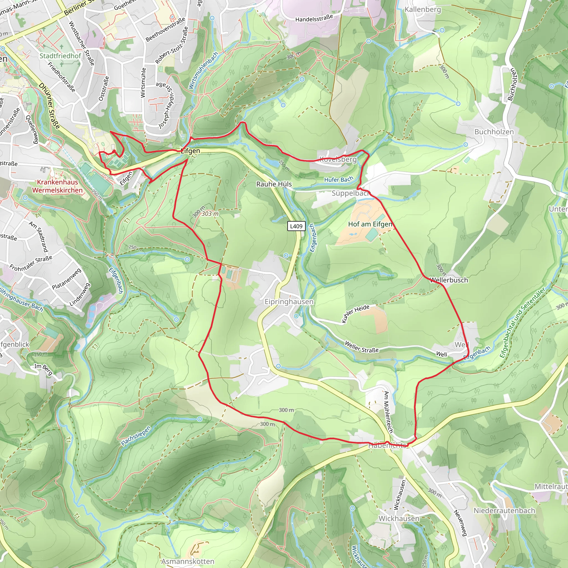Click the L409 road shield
coord(296,226)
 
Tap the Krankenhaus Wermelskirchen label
coord(58,186)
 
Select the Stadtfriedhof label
coord(60,56)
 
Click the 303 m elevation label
coord(210,214)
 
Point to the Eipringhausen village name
coord(289,302)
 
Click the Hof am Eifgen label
coord(370,224)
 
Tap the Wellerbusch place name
coord(449,280)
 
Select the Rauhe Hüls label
coord(274,184)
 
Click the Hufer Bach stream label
coord(338,179)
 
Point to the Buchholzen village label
coord(494,132)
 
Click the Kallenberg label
coord(423,9)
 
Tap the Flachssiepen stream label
coord(136,436)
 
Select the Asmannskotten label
coord(187,561)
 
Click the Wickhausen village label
coord(399,518)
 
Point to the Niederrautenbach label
coord(504,510)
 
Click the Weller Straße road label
coord(361,347)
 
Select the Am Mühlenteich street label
coord(388,412)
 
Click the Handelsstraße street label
coord(314,18)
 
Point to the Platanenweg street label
coord(67,279)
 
